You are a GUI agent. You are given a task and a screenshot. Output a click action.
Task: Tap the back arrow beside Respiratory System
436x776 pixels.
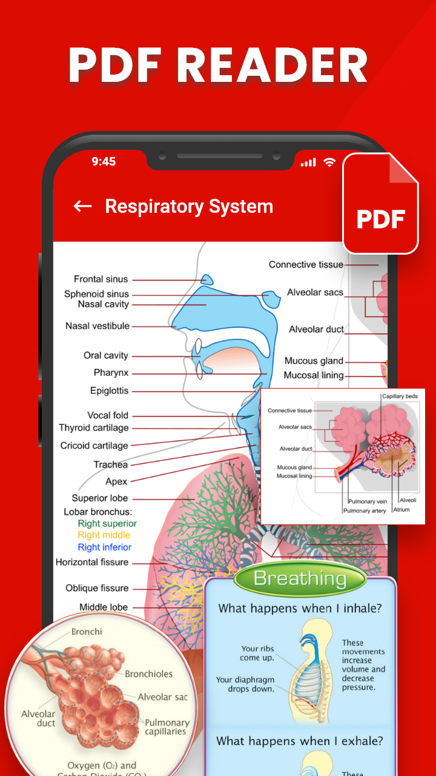(x=82, y=206)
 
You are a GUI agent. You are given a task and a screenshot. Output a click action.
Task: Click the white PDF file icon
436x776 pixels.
(x=380, y=204)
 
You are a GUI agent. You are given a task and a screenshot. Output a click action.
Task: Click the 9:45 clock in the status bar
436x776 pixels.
(x=104, y=161)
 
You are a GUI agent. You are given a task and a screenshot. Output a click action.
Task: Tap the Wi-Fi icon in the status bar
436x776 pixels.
(x=329, y=162)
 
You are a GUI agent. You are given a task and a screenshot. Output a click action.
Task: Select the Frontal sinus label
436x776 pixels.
(x=101, y=279)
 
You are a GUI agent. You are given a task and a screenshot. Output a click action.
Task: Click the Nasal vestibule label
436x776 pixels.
(x=97, y=326)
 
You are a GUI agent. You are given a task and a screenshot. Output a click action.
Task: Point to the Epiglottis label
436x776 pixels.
(x=110, y=391)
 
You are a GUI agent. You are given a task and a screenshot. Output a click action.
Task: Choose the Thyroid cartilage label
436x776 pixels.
(x=94, y=428)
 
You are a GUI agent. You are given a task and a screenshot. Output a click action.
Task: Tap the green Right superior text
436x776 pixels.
(x=107, y=524)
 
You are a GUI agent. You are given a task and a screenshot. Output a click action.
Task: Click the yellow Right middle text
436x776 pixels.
(x=104, y=535)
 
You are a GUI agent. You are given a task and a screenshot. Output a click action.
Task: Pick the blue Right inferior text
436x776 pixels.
(x=104, y=547)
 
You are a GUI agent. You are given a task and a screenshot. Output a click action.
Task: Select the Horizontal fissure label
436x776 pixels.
(x=92, y=563)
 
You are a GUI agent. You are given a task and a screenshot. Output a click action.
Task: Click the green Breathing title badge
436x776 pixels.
(x=300, y=579)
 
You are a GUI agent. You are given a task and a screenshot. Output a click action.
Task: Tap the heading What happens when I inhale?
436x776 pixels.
(x=300, y=608)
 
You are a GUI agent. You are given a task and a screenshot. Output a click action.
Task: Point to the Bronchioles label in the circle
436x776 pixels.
(x=148, y=674)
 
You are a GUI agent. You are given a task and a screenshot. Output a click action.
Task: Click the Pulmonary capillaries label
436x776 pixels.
(x=167, y=727)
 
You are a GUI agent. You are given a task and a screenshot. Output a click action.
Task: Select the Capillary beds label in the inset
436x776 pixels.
(x=400, y=396)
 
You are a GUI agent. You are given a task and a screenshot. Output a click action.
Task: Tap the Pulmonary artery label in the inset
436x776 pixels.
(x=365, y=511)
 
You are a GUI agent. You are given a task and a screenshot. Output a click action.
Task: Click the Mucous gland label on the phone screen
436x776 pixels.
(x=314, y=361)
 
